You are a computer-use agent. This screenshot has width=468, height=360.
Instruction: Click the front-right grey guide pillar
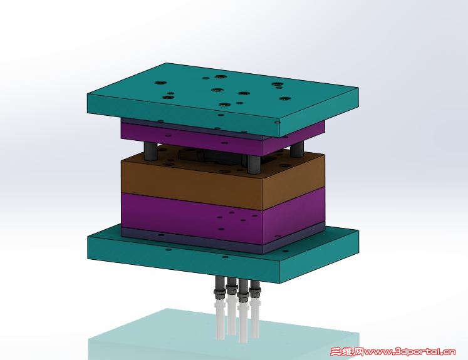tap(254, 165)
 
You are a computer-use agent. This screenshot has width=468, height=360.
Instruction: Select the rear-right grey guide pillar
tap(297, 148)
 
